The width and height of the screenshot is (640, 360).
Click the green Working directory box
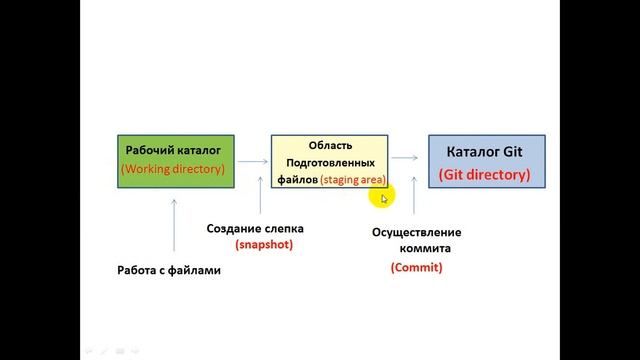click(x=172, y=160)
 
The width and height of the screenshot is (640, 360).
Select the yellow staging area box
click(x=329, y=161)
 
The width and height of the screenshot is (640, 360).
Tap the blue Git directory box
click(x=486, y=162)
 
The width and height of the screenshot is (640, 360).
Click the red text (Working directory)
click(x=173, y=169)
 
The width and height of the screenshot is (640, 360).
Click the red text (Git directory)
click(x=486, y=174)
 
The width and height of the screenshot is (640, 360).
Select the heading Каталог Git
click(x=486, y=151)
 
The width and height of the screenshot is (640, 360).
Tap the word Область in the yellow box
click(x=330, y=144)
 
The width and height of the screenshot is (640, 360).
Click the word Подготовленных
click(x=330, y=161)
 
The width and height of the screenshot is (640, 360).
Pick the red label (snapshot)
click(x=264, y=244)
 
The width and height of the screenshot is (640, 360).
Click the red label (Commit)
click(x=416, y=267)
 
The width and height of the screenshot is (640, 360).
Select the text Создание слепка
click(x=255, y=228)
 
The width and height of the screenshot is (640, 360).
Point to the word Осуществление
click(x=417, y=232)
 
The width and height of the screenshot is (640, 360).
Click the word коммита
click(x=425, y=248)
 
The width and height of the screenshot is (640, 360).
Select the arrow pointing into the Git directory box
click(x=405, y=157)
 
